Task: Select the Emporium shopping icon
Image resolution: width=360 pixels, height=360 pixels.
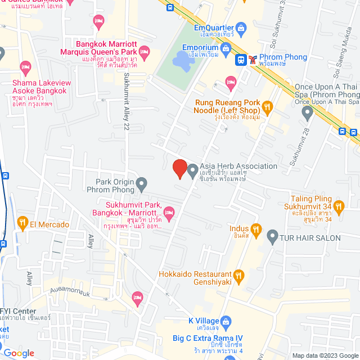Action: click(x=225, y=48)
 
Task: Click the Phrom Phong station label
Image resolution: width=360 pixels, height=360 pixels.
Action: click(x=284, y=57)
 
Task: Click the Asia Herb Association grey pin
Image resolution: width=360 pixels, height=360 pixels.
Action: click(x=192, y=169)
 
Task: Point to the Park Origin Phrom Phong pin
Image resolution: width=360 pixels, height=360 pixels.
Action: click(x=142, y=183)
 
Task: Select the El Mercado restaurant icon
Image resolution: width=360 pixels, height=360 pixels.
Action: click(x=22, y=224)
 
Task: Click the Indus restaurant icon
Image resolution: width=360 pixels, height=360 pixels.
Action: click(x=256, y=229)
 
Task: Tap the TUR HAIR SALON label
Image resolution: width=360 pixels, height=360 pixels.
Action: click(x=310, y=237)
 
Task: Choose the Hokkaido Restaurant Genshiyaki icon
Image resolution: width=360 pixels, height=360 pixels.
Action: click(x=239, y=275)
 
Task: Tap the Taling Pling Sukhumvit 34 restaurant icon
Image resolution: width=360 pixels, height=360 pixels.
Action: click(x=338, y=206)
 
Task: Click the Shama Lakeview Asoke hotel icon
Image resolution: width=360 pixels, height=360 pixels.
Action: click(x=24, y=67)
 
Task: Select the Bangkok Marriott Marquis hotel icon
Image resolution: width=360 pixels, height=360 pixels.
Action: click(x=143, y=52)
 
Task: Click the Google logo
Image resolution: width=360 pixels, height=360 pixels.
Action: click(x=18, y=353)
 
